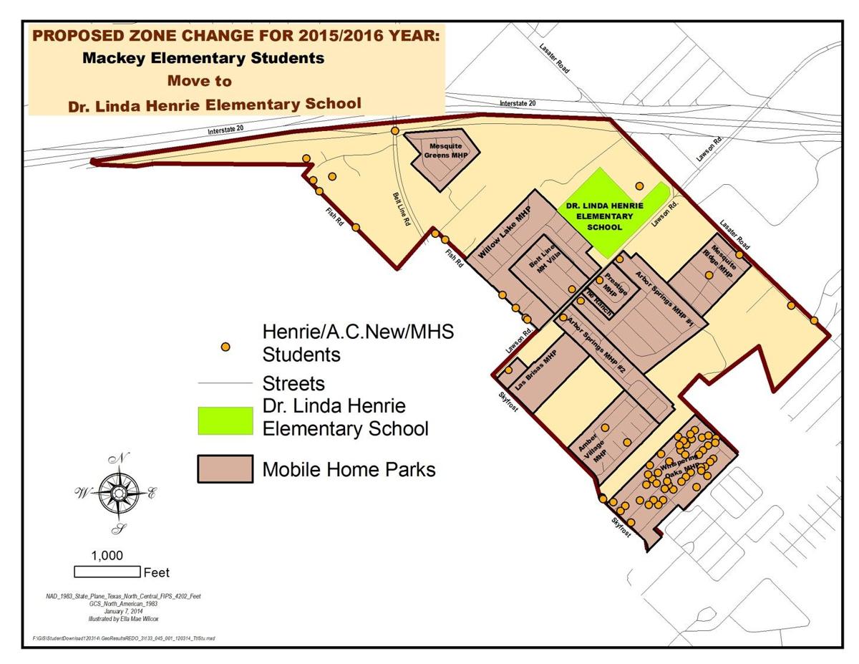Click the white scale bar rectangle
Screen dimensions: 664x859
(107, 572)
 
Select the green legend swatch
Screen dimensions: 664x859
(225, 420)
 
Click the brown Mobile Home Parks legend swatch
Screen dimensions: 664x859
(225, 469)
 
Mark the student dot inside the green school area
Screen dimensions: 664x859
(639, 186)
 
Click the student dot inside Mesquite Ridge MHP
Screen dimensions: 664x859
(709, 275)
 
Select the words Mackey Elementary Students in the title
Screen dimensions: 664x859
(203, 57)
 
